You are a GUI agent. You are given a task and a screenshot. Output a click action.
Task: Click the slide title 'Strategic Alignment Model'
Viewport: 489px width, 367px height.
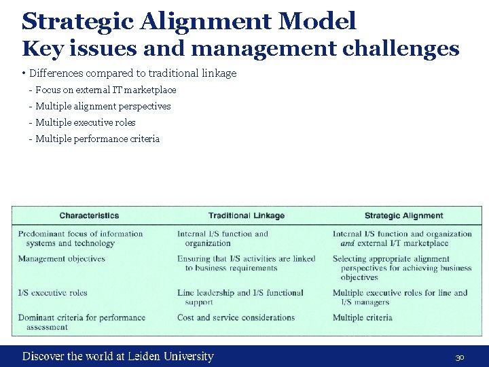189,21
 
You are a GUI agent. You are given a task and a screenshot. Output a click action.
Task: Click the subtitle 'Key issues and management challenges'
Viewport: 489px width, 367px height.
240,49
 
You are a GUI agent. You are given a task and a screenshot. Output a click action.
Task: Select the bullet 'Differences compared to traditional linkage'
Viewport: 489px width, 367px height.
133,73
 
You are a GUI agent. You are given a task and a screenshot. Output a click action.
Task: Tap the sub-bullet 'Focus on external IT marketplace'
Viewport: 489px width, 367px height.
105,90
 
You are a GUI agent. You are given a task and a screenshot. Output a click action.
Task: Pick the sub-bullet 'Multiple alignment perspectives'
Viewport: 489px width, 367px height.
103,106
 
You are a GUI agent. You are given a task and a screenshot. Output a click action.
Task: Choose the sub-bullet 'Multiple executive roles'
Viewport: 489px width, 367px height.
85,122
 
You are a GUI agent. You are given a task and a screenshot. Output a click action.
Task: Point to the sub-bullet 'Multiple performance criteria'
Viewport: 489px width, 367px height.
97,139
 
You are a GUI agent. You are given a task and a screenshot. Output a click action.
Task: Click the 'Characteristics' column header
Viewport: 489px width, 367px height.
89,215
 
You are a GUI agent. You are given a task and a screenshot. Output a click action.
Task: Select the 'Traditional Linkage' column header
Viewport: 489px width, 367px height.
247,215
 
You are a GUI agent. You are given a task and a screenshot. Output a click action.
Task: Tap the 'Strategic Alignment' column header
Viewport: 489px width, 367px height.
403,215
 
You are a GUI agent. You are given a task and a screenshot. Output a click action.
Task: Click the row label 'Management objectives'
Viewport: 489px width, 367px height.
62,259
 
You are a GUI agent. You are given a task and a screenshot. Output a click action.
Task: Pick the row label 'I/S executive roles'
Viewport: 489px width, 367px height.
53,293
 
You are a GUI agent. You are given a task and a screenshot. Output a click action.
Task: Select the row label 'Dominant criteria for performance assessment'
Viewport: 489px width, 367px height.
81,321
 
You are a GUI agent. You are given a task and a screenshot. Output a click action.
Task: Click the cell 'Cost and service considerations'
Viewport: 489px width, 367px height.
236,317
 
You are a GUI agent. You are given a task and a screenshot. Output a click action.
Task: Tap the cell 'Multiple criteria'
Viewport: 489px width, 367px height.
363,317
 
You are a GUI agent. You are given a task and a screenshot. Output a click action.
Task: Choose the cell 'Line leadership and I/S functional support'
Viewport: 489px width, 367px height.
240,297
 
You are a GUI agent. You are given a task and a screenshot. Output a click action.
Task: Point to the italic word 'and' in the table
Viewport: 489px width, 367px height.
348,243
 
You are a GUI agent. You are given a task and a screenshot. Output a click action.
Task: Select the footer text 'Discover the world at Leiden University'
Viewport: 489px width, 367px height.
118,356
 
